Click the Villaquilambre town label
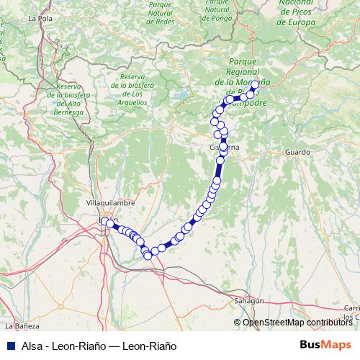click(107, 204)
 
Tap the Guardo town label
click(297, 153)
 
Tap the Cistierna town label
click(224, 147)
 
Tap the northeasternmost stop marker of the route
click(255, 85)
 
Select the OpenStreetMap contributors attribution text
click(297, 323)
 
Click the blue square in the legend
click(10, 346)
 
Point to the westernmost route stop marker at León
click(104, 221)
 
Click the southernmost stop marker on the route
click(148, 256)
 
